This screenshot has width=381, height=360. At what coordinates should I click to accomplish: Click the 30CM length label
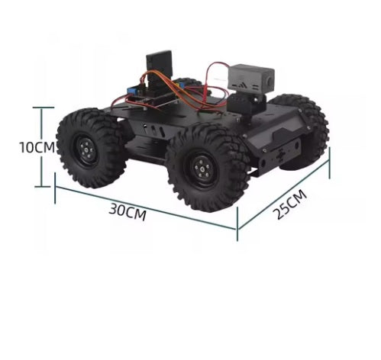pyautogui.click(x=127, y=212)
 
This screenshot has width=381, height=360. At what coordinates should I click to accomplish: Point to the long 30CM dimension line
pyautogui.click(x=145, y=205)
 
